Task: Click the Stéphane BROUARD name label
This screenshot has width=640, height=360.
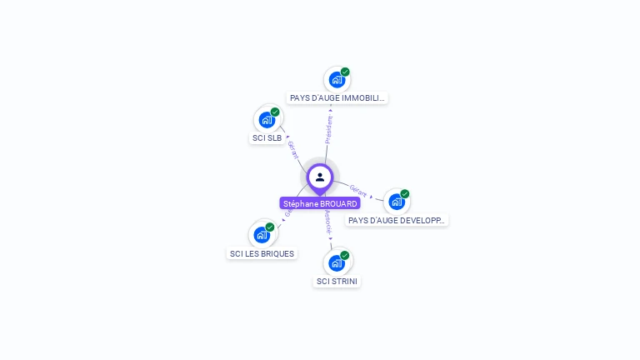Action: click(x=320, y=203)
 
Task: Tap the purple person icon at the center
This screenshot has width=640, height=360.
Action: click(x=320, y=177)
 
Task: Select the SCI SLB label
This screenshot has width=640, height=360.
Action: click(x=267, y=138)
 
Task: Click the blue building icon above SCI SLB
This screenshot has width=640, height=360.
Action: click(x=267, y=119)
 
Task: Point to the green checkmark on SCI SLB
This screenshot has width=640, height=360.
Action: click(x=275, y=112)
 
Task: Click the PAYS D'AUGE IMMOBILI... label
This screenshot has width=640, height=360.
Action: click(x=337, y=98)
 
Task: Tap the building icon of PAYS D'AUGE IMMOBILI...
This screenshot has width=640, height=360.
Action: click(x=337, y=80)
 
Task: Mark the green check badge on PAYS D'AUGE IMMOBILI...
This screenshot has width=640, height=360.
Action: click(x=345, y=72)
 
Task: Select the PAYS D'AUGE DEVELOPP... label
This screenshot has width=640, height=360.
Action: click(x=397, y=221)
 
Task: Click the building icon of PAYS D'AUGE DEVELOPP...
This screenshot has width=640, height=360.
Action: click(x=397, y=202)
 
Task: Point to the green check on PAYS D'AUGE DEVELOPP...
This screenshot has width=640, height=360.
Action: click(x=405, y=194)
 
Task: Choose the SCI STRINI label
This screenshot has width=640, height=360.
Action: click(x=337, y=282)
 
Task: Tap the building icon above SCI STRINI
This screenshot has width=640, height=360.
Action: click(x=337, y=263)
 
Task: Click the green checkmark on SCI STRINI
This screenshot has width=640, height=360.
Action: click(x=345, y=256)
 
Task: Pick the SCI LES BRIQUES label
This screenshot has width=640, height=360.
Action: click(x=262, y=253)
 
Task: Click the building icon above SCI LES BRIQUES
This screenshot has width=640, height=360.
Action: click(x=262, y=235)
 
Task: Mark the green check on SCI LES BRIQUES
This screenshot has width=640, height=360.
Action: click(x=270, y=227)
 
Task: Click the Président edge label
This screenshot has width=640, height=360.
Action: click(x=328, y=129)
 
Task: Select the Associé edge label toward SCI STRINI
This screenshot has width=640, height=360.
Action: click(x=328, y=222)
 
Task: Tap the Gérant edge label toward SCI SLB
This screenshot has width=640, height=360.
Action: click(x=292, y=150)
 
